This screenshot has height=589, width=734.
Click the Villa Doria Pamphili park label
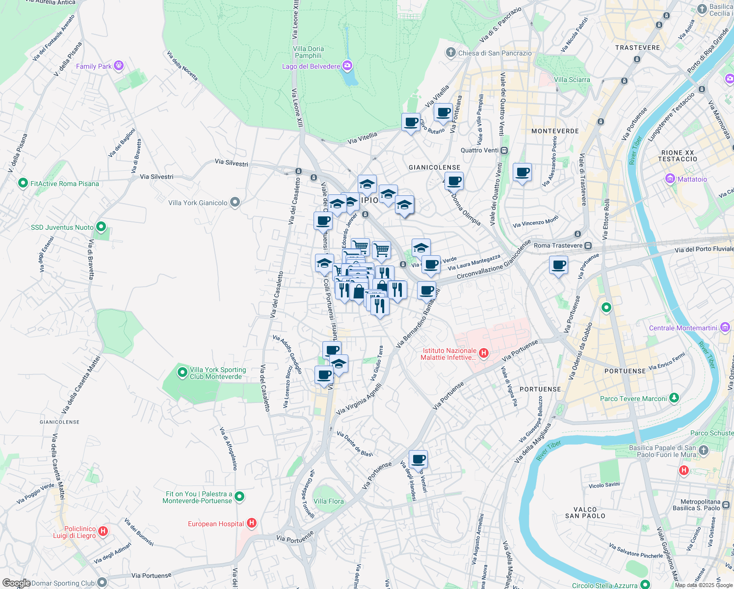click(x=308, y=52)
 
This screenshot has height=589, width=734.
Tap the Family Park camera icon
click(x=118, y=66)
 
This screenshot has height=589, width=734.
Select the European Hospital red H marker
click(x=252, y=523)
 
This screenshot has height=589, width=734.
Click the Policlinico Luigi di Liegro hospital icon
click(x=103, y=531)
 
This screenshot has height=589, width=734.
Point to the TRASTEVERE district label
click(x=637, y=48)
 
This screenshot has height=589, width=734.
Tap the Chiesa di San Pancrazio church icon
click(x=451, y=53)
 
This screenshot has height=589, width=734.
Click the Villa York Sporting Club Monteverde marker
click(x=182, y=373)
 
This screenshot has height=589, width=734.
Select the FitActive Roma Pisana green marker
click(x=23, y=183)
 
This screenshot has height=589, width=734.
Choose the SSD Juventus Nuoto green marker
click(x=101, y=227)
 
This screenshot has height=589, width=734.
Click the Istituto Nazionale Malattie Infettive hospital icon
click(x=483, y=353)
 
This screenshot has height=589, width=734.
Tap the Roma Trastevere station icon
click(x=588, y=245)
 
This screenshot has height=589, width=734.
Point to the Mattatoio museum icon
click(x=670, y=179)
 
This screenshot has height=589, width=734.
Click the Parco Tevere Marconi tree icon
click(x=674, y=398)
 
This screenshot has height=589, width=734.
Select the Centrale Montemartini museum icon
click(x=725, y=327)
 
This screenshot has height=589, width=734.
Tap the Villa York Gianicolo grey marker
click(x=235, y=202)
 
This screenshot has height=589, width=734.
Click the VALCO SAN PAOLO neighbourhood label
click(x=585, y=512)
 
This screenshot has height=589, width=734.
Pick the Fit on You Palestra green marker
click(x=239, y=497)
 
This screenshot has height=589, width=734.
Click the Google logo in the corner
click(x=16, y=583)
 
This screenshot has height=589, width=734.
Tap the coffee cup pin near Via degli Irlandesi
click(x=418, y=460)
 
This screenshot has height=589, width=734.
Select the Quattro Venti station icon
click(x=504, y=150)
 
